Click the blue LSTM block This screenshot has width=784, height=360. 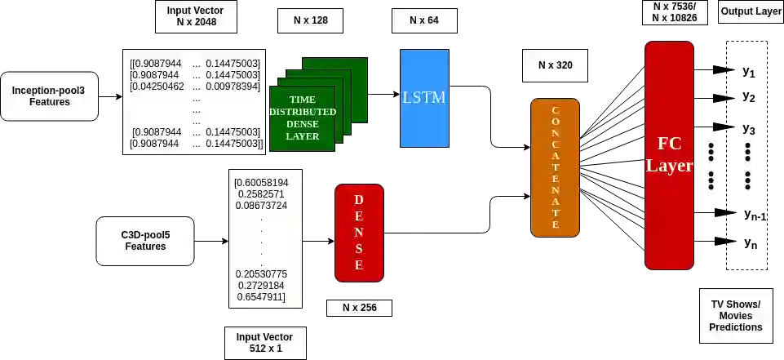424,98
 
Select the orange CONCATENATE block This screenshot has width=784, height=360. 555,167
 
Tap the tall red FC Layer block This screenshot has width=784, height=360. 669,155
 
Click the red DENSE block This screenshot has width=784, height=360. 359,233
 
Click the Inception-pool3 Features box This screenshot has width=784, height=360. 49,96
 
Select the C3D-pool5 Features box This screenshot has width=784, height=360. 145,241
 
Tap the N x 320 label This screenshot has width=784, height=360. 555,65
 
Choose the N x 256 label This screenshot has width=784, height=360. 359,308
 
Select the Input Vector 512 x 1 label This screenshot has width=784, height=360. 264,343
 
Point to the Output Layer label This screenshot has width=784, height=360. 751,12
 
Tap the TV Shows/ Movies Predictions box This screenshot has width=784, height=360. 736,316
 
